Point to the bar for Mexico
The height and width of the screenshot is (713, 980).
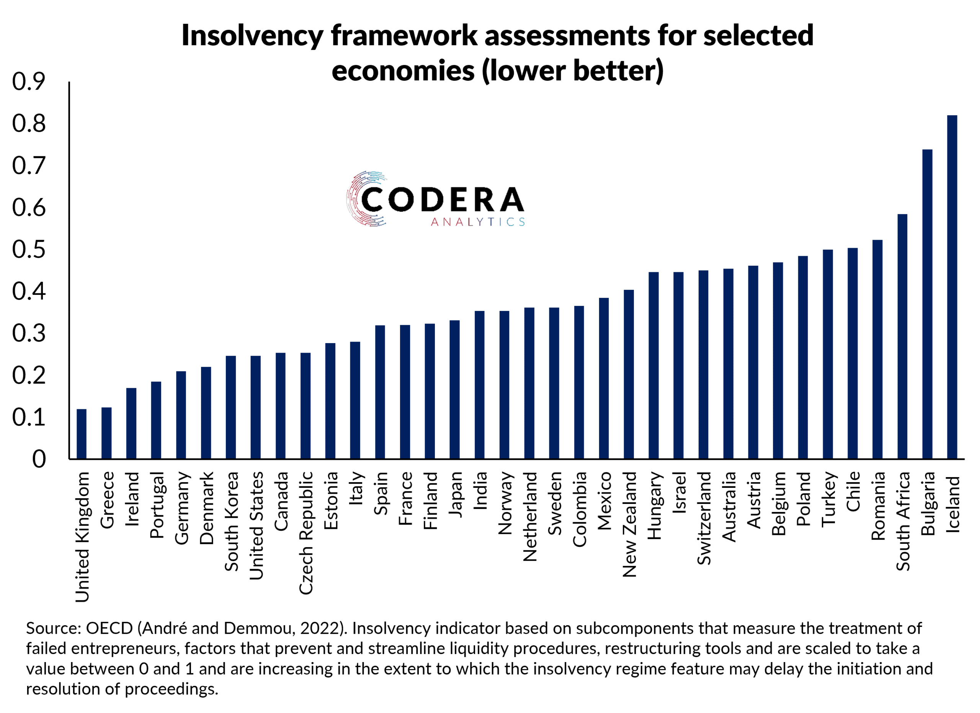[604, 378]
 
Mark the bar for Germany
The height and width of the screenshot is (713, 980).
[181, 415]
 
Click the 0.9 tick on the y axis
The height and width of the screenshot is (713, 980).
[28, 82]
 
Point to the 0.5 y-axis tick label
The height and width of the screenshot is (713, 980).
[28, 249]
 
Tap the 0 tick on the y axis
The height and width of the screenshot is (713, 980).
[39, 459]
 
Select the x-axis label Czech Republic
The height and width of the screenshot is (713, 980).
[306, 533]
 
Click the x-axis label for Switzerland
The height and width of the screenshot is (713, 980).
[704, 518]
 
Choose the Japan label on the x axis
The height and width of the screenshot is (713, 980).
[455, 494]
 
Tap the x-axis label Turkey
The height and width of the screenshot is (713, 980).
[828, 499]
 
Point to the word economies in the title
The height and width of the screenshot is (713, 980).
[403, 71]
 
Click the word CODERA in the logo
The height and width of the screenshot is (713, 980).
[443, 200]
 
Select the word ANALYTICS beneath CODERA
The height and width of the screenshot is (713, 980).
[477, 222]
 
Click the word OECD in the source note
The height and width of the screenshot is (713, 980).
[109, 628]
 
